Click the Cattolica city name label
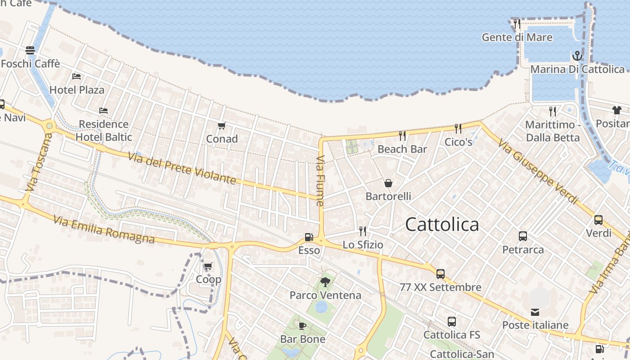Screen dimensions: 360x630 tap(442, 224)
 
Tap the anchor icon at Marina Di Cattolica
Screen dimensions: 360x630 tap(577, 56)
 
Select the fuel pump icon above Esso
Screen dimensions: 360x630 tap(309, 237)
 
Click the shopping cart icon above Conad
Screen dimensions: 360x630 tap(221, 126)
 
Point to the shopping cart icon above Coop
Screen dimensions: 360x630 tap(208, 266)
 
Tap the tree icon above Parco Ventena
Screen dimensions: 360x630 tap(325, 282)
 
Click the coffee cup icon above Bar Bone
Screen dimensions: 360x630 tap(302, 326)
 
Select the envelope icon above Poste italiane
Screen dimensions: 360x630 tap(535, 312)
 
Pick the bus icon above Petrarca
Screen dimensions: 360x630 tap(523, 236)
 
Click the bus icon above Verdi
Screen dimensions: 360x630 tap(598, 220)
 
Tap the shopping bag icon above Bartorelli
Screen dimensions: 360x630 tap(388, 183)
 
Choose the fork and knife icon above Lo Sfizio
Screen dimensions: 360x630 tap(363, 231)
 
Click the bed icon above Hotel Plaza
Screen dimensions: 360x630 tap(76, 76)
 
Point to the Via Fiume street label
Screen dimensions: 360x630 tap(320, 181)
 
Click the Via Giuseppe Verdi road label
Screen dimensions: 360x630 tap(538, 171)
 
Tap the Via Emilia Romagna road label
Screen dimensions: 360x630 tap(104, 229)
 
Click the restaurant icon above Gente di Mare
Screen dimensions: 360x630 tap(517, 24)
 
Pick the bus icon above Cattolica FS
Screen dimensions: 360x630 tap(452, 322)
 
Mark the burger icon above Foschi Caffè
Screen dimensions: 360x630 tap(30, 50)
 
